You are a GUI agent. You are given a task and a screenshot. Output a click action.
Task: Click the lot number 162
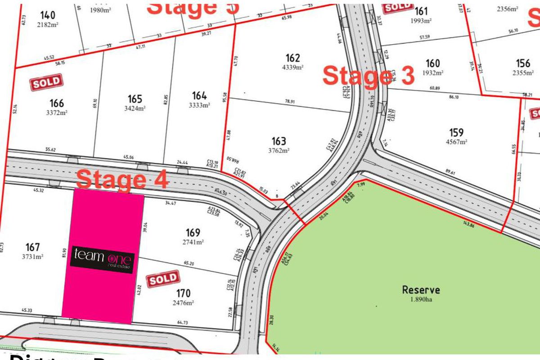(292, 58)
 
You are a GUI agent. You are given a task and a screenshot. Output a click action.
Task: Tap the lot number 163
(279, 141)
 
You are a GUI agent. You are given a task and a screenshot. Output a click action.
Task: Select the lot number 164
(199, 96)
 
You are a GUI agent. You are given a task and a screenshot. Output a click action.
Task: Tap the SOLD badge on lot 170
(163, 279)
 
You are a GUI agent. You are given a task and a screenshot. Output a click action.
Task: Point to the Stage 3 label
(368, 76)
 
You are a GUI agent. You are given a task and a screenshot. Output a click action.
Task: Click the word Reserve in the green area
(421, 290)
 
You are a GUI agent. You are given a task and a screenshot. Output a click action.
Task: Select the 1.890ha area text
(421, 300)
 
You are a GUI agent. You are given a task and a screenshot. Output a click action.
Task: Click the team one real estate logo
(102, 261)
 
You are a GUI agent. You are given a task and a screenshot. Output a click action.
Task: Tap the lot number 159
(456, 132)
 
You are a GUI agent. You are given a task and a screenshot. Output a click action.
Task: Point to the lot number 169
(193, 233)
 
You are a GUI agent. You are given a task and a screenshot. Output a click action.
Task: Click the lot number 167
(33, 247)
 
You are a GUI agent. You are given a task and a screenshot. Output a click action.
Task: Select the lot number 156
(523, 63)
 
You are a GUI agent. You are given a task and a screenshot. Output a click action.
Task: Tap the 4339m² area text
(292, 67)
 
